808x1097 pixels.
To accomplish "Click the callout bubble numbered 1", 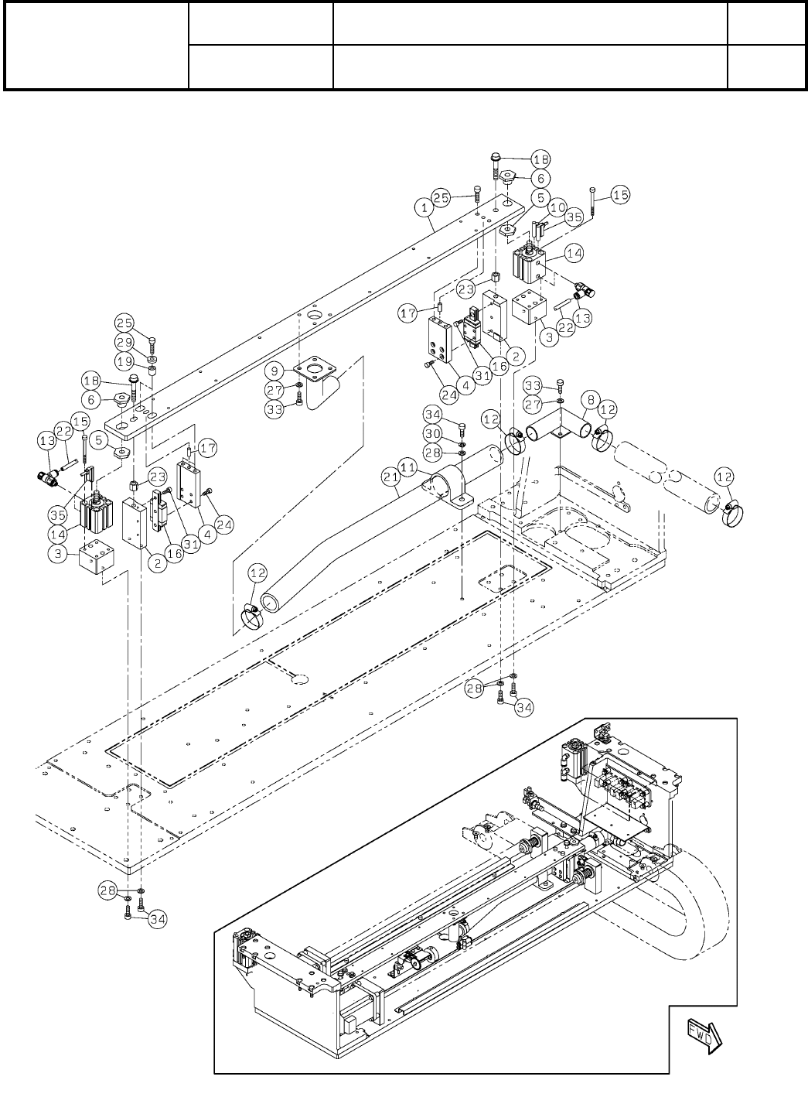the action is [x=424, y=207].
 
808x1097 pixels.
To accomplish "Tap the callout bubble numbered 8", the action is [x=591, y=400].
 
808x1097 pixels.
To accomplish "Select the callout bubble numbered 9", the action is [x=274, y=371].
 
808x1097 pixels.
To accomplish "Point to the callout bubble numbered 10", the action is [x=558, y=207].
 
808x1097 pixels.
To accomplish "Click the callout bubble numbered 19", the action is [x=125, y=362].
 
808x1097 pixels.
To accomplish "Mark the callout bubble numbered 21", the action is [x=391, y=477].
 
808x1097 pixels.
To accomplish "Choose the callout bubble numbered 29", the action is [x=125, y=342].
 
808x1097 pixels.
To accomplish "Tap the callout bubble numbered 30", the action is [x=433, y=434].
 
